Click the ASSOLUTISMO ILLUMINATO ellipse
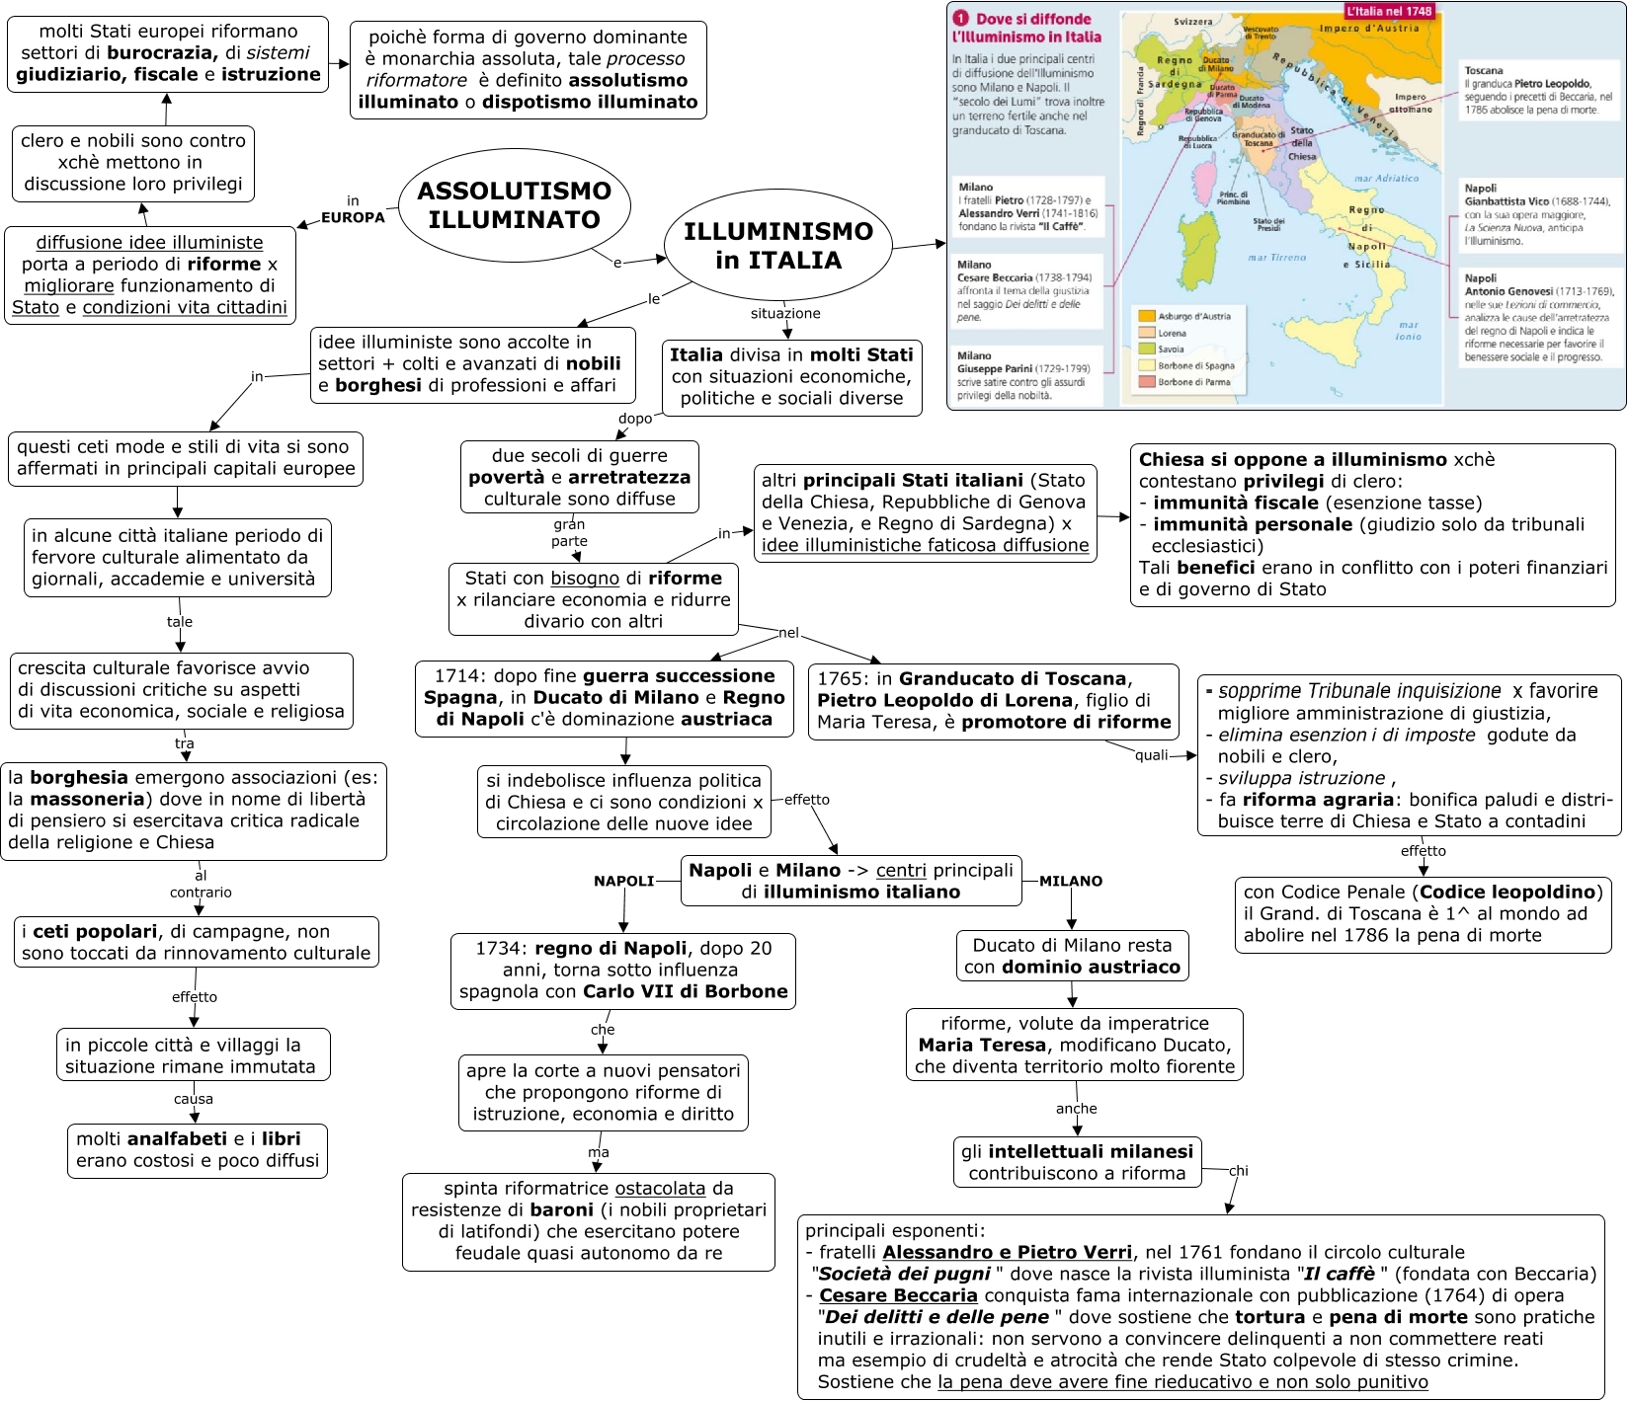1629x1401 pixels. (x=515, y=205)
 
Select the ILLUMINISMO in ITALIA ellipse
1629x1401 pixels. (x=778, y=246)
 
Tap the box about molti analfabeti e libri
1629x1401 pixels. (x=198, y=1150)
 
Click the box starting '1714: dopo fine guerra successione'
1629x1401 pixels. (x=604, y=698)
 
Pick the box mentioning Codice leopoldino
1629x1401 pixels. (x=1423, y=914)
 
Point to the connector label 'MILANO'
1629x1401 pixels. (x=1071, y=882)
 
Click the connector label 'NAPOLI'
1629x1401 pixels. (x=623, y=882)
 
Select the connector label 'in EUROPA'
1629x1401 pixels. (x=353, y=210)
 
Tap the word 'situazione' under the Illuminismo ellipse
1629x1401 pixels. (x=785, y=314)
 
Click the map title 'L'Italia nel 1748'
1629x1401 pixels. (x=1388, y=11)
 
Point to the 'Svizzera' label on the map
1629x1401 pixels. (x=1193, y=22)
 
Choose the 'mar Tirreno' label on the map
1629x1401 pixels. (x=1276, y=258)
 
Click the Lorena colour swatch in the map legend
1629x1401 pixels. (x=1147, y=334)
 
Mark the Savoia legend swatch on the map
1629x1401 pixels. (x=1147, y=350)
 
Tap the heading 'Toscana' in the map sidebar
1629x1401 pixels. (x=1484, y=71)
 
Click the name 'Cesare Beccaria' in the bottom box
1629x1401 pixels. (x=898, y=1295)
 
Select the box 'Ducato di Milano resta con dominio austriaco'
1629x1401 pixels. (x=1073, y=956)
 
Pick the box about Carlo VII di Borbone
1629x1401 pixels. (x=622, y=971)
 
